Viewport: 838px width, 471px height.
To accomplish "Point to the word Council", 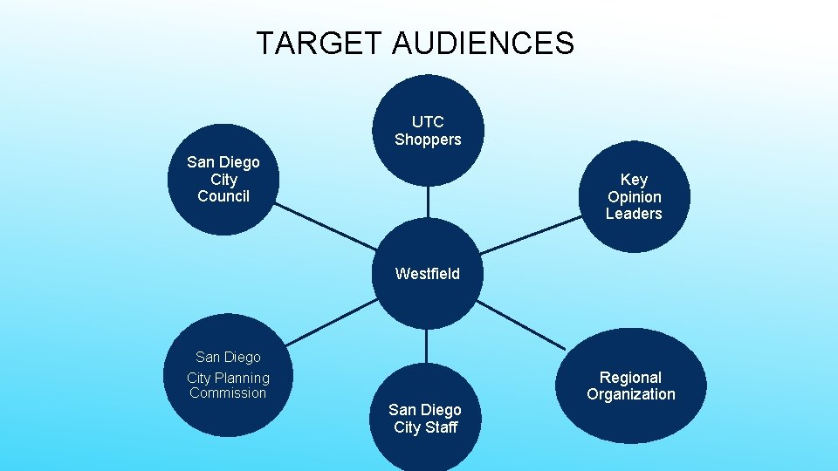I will (x=223, y=196).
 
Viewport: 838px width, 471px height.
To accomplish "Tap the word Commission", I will (x=228, y=393).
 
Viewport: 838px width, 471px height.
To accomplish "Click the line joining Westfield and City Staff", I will (x=426, y=345).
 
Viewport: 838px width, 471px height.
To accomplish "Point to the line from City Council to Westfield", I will (x=323, y=229).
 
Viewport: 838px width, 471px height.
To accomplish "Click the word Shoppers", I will (x=428, y=140).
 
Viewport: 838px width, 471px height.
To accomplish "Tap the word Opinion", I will (x=635, y=197).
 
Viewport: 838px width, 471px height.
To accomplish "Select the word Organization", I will (x=631, y=394).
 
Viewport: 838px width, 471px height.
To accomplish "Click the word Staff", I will (x=440, y=427).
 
